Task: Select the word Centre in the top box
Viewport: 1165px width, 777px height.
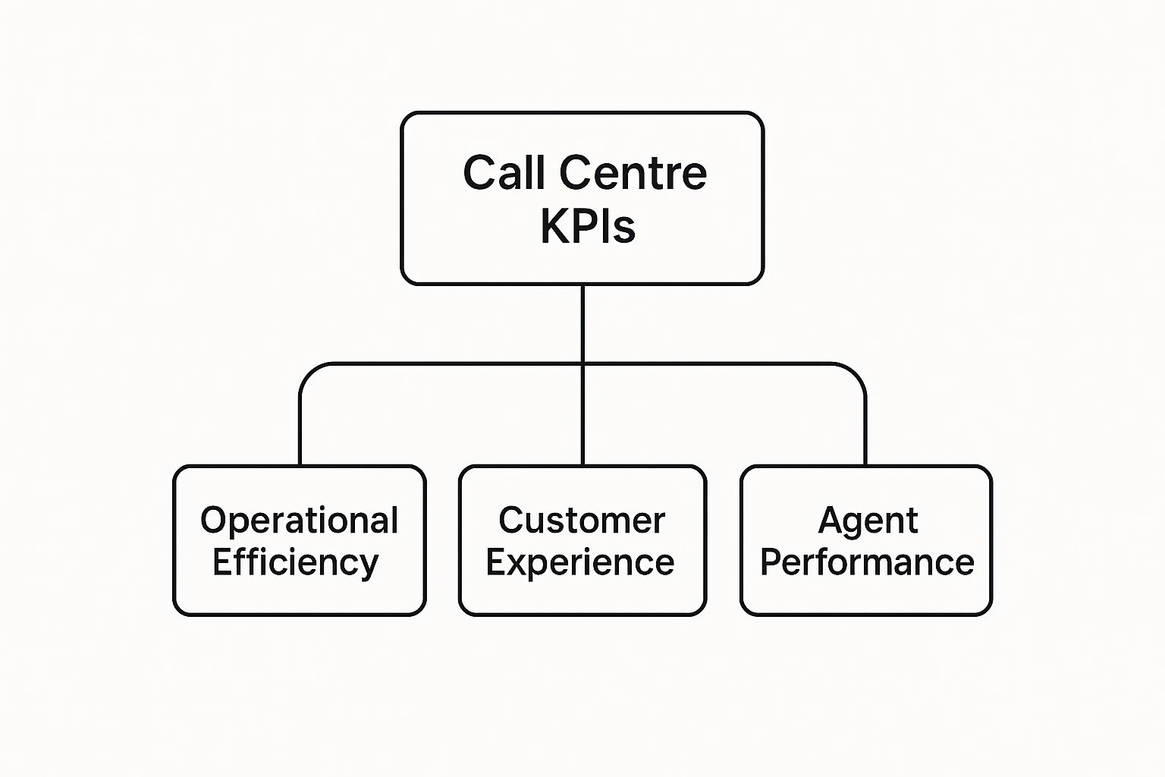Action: (633, 173)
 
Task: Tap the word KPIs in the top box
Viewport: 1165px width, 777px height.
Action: (588, 225)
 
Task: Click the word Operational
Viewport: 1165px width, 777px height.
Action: (299, 521)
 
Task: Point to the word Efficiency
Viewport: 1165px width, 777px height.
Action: (295, 563)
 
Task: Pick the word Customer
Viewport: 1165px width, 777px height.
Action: (582, 521)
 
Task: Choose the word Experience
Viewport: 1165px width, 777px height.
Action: (580, 563)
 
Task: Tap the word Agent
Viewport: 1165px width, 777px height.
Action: (868, 521)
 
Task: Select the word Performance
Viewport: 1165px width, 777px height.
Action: (867, 563)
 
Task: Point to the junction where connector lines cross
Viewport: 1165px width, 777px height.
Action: (582, 364)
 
